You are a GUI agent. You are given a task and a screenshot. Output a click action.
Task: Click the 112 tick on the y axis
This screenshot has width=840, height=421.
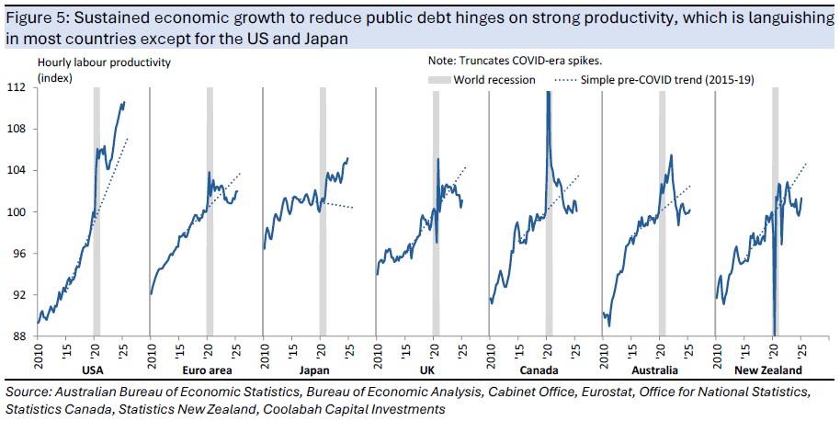(17, 87)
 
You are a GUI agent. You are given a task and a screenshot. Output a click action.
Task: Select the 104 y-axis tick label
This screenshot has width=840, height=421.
(17, 170)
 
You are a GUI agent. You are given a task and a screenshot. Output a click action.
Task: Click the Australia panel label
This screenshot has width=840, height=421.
(654, 371)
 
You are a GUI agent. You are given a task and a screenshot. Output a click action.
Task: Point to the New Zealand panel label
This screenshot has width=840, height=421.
(767, 371)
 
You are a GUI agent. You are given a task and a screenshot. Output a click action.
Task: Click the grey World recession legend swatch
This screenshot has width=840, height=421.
(444, 80)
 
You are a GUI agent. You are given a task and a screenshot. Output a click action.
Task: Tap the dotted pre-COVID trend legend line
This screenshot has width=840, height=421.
(568, 80)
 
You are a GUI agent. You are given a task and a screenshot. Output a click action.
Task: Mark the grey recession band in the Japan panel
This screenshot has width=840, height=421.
(322, 211)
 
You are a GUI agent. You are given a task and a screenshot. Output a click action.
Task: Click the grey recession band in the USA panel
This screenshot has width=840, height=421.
(96, 211)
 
